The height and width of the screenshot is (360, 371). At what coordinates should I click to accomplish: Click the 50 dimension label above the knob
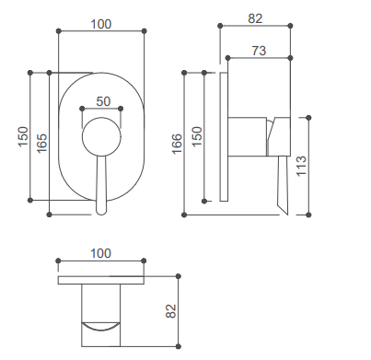(x=103, y=101)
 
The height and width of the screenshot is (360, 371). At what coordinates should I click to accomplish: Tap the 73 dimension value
(x=259, y=51)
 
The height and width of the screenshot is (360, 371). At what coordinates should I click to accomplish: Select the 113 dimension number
(x=301, y=166)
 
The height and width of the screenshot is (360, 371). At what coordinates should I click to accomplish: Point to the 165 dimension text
(x=41, y=143)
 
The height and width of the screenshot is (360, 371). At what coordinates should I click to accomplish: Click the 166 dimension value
(x=177, y=144)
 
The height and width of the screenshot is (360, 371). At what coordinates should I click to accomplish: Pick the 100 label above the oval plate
(x=101, y=24)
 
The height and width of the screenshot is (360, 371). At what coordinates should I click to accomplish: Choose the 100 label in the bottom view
(x=100, y=253)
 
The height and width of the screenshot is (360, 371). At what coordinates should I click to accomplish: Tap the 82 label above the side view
(x=255, y=18)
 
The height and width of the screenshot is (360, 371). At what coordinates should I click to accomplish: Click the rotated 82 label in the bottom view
(x=171, y=311)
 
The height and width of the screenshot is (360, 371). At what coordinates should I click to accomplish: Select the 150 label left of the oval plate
(x=23, y=137)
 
